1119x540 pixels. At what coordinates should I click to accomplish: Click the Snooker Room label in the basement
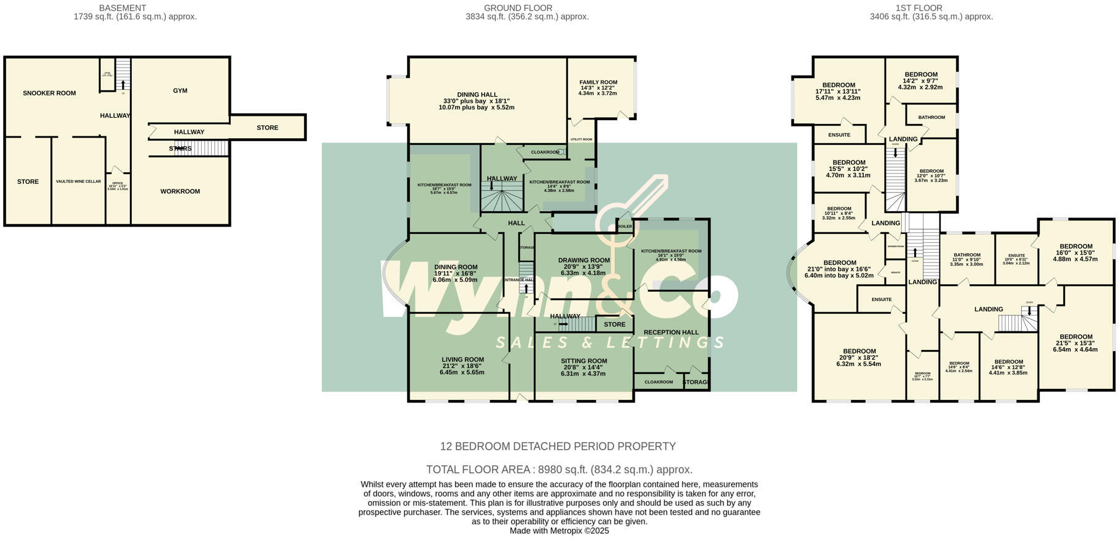tap(50, 94)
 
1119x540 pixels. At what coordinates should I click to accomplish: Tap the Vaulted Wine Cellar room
tap(79, 181)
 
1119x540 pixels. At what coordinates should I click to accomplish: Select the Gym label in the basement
tap(180, 91)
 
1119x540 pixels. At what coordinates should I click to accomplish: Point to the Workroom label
tap(180, 191)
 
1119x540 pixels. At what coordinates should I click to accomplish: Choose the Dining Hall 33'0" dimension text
tap(476, 102)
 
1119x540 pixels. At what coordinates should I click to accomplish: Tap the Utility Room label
tap(581, 139)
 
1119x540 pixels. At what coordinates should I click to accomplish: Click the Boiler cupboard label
tap(625, 227)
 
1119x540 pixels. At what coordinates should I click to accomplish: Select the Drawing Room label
tap(584, 261)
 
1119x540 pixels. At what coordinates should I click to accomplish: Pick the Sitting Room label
tap(584, 361)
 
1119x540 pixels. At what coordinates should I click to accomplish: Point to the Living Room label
tap(462, 360)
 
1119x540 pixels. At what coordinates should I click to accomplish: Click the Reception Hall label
tap(671, 333)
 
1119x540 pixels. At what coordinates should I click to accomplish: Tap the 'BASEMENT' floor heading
tap(123, 8)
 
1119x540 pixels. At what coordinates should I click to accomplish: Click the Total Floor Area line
tap(559, 469)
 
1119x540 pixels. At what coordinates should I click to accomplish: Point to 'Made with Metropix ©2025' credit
tap(559, 531)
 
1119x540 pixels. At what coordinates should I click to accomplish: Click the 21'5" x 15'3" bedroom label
tap(1075, 337)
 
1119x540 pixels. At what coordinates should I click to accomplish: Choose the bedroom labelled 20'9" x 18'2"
tap(859, 352)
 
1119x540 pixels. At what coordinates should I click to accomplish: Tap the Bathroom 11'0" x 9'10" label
tap(966, 255)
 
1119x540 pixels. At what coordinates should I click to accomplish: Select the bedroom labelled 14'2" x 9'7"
tap(920, 75)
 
